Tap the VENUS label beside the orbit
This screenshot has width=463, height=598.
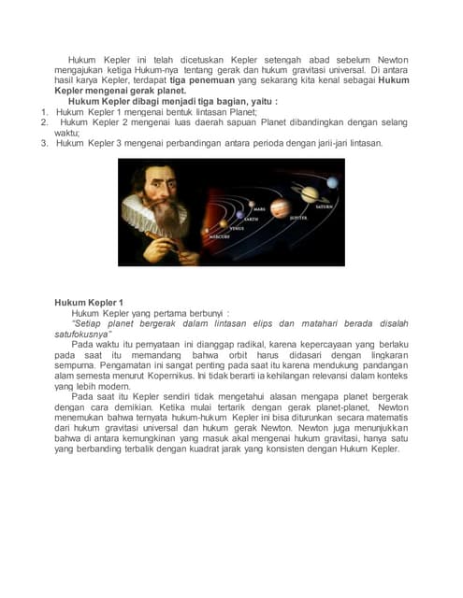(237, 227)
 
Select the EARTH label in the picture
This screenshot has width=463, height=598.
(252, 218)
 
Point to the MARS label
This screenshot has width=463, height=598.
(259, 208)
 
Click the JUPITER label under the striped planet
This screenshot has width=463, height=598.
(297, 217)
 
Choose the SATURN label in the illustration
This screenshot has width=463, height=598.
(324, 206)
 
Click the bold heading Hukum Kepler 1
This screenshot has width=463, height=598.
(88, 303)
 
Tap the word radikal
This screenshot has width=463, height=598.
(237, 344)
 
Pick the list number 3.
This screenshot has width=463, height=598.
(44, 143)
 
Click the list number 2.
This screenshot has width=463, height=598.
(44, 122)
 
